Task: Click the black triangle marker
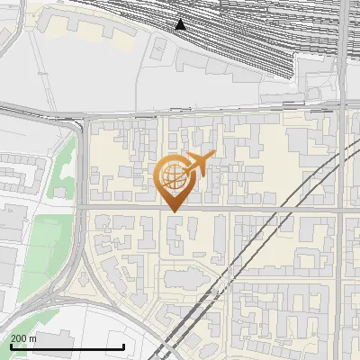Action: pos(181,24)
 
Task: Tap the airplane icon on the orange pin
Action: pos(199,164)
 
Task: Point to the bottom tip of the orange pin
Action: pos(174,211)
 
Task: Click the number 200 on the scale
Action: pos(18,338)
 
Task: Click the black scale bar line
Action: pos(67,346)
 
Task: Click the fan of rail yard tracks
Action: pos(252,36)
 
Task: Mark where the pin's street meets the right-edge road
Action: pos(341,211)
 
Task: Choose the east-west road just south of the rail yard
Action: pos(180,113)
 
